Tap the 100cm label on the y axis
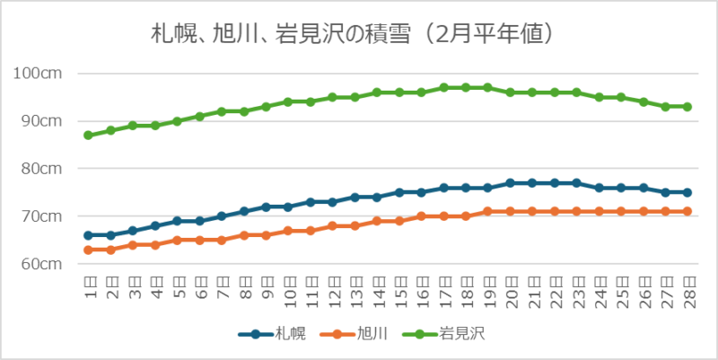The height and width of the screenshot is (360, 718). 38,73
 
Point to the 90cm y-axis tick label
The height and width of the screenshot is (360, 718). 40,120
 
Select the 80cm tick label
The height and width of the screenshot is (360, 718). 40,168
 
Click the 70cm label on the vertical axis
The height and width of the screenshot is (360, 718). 40,215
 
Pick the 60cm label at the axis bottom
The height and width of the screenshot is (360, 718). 40,264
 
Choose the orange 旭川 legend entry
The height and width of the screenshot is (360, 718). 357,334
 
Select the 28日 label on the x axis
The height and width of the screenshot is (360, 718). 687,290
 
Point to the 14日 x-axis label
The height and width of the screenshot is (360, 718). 377,290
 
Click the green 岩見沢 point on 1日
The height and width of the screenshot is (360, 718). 89,135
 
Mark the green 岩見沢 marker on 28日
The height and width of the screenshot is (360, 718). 687,106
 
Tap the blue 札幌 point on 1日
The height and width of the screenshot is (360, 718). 89,235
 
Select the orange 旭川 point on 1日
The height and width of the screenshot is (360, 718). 89,250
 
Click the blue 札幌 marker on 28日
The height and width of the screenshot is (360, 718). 687,192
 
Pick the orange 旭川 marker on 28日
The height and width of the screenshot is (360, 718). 687,211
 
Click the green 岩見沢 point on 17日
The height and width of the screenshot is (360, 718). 443,87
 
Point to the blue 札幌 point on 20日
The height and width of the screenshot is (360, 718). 510,182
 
